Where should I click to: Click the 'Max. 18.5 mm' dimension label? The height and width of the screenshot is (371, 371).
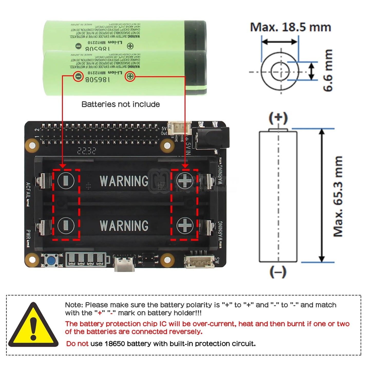[x=290, y=27]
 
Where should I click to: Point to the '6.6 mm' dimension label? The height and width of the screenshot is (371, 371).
[x=328, y=71]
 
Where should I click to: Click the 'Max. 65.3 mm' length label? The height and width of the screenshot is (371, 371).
[x=338, y=196]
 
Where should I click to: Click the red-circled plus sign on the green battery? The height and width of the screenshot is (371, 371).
[x=130, y=76]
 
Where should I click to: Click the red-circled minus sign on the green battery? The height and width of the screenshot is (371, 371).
[x=78, y=76]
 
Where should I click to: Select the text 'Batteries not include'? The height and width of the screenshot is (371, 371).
[x=121, y=104]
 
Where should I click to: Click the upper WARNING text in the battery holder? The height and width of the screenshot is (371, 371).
[x=124, y=181]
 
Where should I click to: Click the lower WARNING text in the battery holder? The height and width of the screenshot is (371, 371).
[x=124, y=226]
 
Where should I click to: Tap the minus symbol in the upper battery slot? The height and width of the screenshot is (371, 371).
[x=66, y=180]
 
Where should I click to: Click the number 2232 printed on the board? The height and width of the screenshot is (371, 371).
[x=87, y=151]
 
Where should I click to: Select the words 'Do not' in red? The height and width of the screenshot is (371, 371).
[x=77, y=344]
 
